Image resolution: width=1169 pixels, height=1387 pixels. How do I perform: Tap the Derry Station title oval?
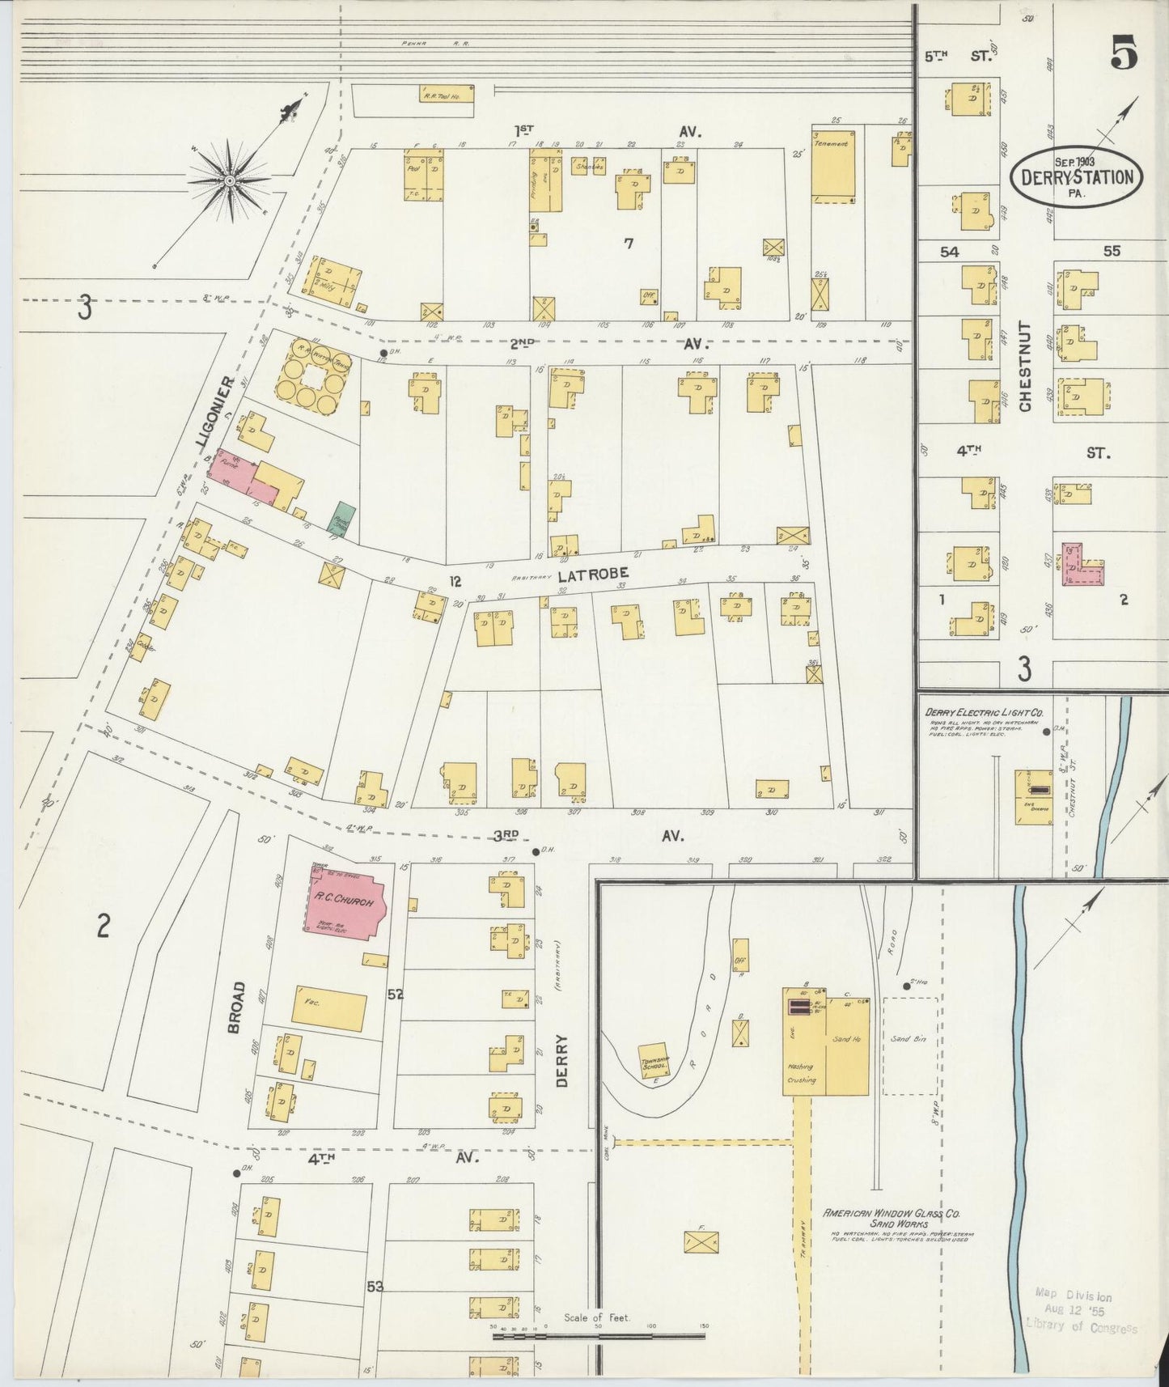tap(1076, 176)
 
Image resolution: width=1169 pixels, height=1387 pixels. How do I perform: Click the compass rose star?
tap(230, 180)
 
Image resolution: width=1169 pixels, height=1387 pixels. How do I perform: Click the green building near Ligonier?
tap(345, 518)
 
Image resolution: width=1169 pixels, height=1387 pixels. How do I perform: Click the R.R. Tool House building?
tap(447, 95)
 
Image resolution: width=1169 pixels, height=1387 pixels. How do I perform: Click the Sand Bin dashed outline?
tap(909, 1046)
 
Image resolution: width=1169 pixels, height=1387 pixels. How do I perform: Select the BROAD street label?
tap(235, 1007)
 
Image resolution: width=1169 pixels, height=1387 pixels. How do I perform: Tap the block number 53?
tap(374, 1286)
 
